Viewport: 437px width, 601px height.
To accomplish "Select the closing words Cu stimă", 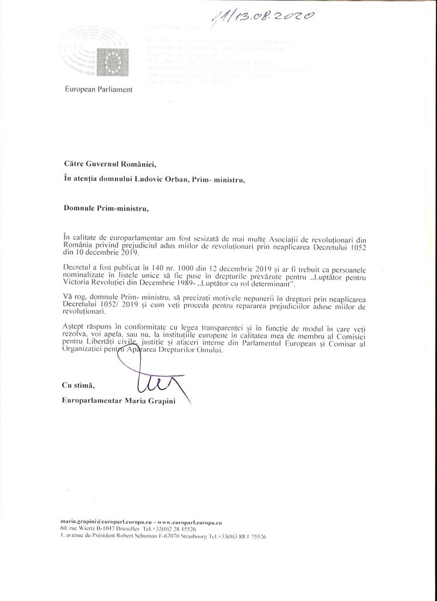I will click(x=77, y=386).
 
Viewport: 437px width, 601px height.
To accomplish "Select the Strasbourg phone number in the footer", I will click(x=238, y=536).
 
